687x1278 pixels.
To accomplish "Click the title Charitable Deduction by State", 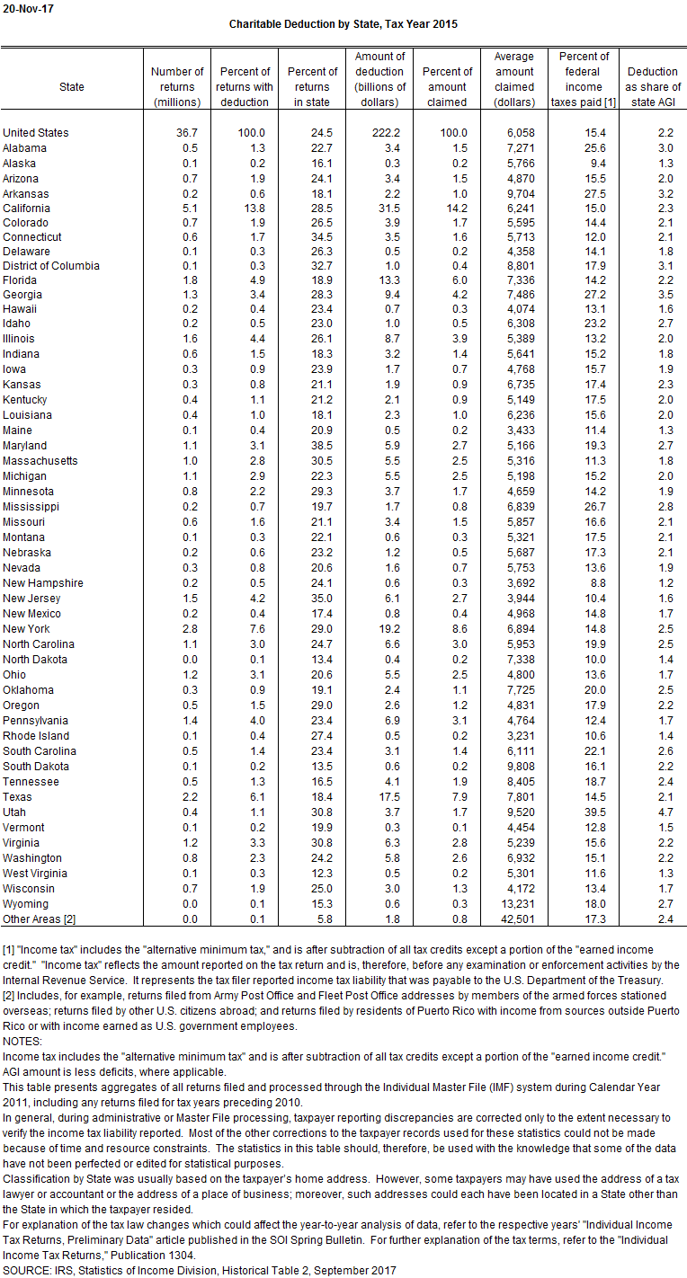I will pyautogui.click(x=343, y=24).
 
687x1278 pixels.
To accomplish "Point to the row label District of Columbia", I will pyautogui.click(x=51, y=265).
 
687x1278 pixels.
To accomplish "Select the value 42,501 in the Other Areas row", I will pyautogui.click(x=514, y=919).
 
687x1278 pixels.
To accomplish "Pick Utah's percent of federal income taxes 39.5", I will pyautogui.click(x=584, y=812).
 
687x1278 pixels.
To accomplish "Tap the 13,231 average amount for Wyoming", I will pyautogui.click(x=514, y=903).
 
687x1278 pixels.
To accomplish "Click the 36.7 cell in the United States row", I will pyautogui.click(x=177, y=132).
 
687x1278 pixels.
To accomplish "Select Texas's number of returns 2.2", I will pyautogui.click(x=177, y=796).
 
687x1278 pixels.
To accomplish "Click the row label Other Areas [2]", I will pyautogui.click(x=41, y=919).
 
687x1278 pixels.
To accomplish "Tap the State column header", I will pyautogui.click(x=72, y=87).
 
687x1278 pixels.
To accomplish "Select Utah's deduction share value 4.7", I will pyautogui.click(x=653, y=812).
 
